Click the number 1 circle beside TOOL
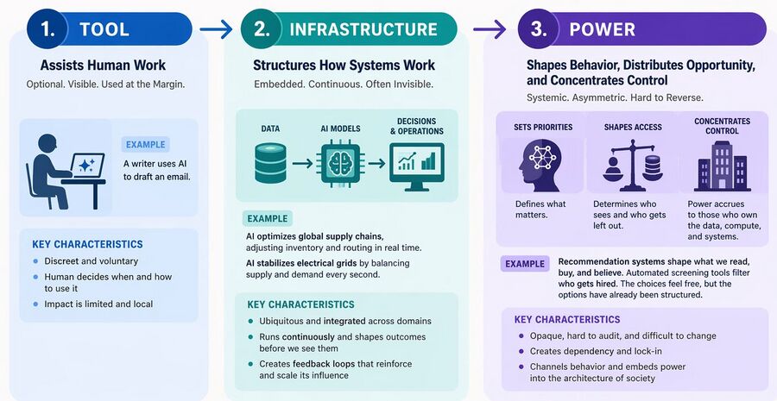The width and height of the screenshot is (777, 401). (x=47, y=28)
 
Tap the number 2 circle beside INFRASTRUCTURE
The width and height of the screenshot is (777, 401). (x=261, y=28)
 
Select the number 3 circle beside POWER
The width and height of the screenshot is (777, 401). (x=538, y=28)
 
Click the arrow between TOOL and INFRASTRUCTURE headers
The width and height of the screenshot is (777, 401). (x=216, y=29)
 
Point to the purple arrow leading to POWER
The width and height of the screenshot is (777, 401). (x=490, y=29)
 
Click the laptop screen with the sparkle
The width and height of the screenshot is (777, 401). (x=87, y=166)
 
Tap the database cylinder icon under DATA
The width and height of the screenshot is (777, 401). (x=270, y=163)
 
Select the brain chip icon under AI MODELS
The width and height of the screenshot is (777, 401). (x=340, y=163)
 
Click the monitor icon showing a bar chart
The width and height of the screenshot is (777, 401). (x=416, y=166)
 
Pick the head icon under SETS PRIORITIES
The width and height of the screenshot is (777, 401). (x=540, y=164)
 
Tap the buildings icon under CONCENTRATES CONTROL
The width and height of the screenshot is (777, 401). (x=723, y=166)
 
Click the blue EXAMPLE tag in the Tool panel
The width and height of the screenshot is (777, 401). (x=145, y=145)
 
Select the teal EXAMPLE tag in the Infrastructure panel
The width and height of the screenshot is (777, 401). (x=267, y=218)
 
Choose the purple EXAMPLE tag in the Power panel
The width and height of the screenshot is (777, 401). (x=525, y=264)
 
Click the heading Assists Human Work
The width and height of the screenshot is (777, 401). (x=103, y=65)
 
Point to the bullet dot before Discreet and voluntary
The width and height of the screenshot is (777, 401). (x=35, y=261)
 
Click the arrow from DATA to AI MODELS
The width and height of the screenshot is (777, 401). (x=302, y=163)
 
